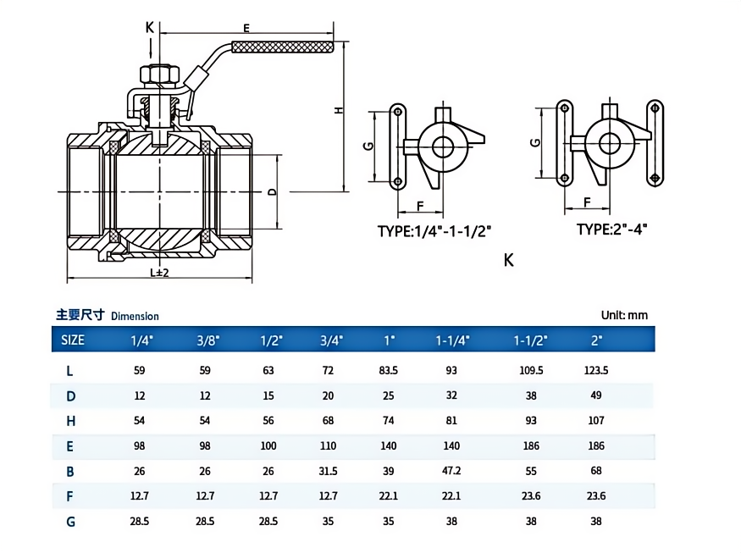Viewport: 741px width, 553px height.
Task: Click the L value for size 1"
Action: click(390, 370)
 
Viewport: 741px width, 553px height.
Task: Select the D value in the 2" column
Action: click(596, 395)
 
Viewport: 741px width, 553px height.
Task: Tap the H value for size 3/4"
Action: click(331, 421)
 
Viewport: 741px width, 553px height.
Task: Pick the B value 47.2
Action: click(452, 471)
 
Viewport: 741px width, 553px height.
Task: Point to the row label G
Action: click(71, 522)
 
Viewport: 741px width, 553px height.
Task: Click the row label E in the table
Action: click(71, 446)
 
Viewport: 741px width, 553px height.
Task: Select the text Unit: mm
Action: click(624, 315)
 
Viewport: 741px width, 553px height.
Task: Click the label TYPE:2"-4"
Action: click(611, 229)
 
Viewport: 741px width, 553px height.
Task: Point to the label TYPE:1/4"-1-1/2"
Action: click(434, 230)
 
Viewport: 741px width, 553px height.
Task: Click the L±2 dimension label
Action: click(159, 273)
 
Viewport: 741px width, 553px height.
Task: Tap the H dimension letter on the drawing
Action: click(337, 111)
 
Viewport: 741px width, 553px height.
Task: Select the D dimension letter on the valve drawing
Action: click(271, 192)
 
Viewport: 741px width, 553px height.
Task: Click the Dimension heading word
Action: click(134, 316)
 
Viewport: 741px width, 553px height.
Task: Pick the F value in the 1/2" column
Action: click(268, 496)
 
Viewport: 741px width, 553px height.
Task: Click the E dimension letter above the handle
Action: click(246, 28)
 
